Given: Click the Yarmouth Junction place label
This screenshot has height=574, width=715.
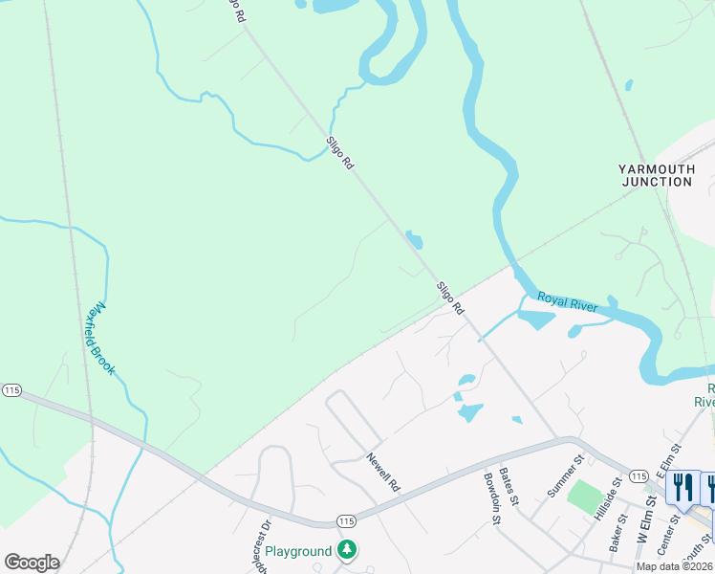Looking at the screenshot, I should coord(656,175).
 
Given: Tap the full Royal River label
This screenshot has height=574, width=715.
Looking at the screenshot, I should coord(568,302).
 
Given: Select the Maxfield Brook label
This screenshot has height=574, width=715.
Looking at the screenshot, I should coord(98,339).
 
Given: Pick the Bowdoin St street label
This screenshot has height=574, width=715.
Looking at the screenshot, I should coord(492,498).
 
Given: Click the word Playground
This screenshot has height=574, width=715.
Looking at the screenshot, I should coord(298,551).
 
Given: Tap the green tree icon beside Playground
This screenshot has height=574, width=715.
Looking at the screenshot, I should coord(348,550).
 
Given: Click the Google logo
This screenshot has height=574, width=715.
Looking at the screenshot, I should coord(32,563).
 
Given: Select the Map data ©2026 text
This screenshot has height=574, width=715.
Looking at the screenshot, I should coord(675,566).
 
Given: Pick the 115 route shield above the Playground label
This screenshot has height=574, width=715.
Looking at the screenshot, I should coord(346,520).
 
